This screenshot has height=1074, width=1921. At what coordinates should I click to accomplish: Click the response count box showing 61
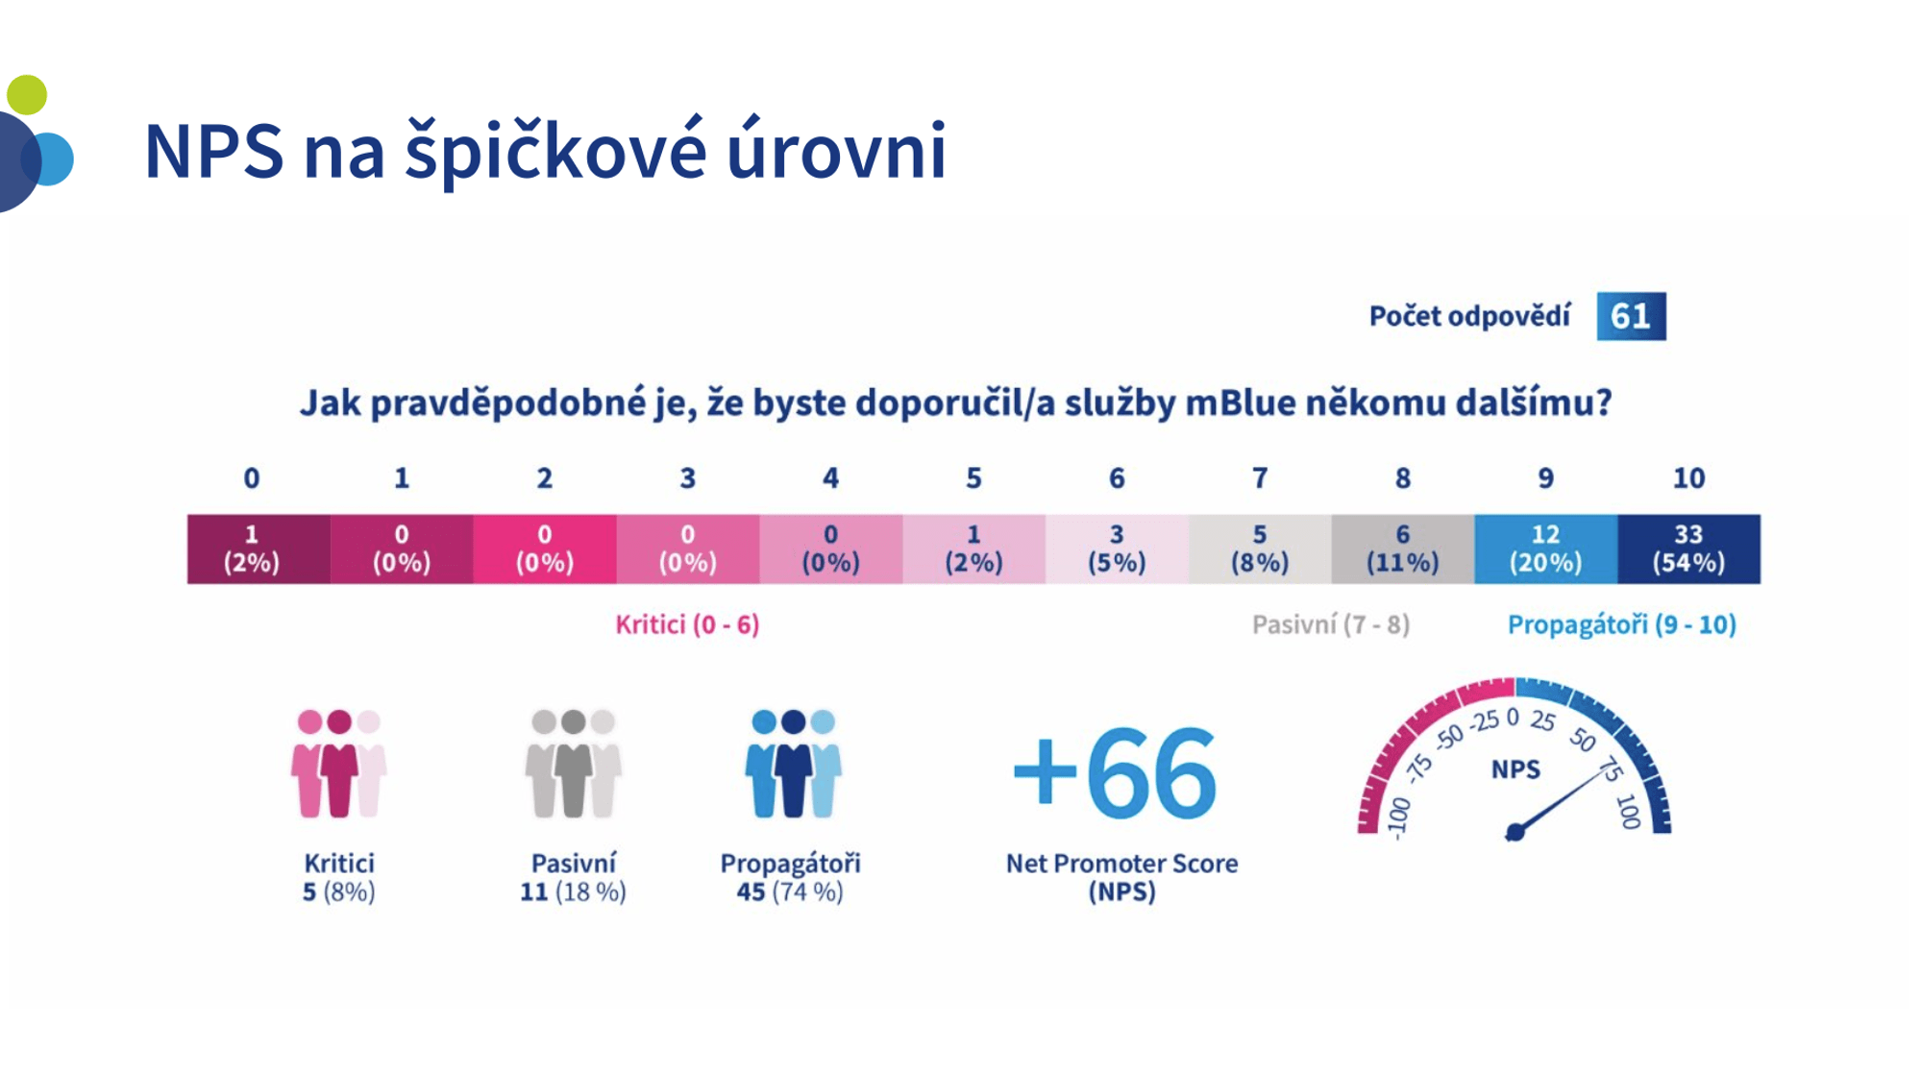[x=1631, y=316]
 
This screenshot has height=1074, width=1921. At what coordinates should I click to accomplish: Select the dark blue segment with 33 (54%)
[x=1688, y=549]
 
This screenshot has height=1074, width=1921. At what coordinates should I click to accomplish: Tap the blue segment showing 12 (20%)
[x=1545, y=549]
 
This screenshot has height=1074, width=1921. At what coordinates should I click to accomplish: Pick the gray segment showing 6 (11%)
[x=1402, y=549]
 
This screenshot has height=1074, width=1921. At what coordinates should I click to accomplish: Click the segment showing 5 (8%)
[x=1259, y=549]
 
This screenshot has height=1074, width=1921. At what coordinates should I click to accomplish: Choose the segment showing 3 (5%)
[x=1117, y=549]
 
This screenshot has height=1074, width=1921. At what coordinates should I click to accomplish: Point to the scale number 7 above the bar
[x=1259, y=478]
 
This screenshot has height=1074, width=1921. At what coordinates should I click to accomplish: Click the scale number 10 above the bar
[x=1688, y=478]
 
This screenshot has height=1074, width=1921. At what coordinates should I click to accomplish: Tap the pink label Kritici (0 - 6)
[x=687, y=624]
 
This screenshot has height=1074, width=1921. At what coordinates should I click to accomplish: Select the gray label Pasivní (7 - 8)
[x=1331, y=624]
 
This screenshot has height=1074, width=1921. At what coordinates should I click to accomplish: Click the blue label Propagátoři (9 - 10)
[x=1622, y=624]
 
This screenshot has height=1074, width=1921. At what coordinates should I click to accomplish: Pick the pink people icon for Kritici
[x=338, y=764]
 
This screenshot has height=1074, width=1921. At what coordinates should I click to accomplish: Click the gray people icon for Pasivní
[x=573, y=764]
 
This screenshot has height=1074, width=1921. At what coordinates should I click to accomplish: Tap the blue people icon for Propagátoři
[x=793, y=764]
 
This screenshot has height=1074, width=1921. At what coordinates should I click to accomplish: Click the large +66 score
[x=1115, y=772]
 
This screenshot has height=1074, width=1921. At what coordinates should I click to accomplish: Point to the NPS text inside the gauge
[x=1515, y=769]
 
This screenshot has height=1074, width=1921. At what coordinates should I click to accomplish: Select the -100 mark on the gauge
[x=1399, y=818]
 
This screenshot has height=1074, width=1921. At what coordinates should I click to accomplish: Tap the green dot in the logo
[x=27, y=94]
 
